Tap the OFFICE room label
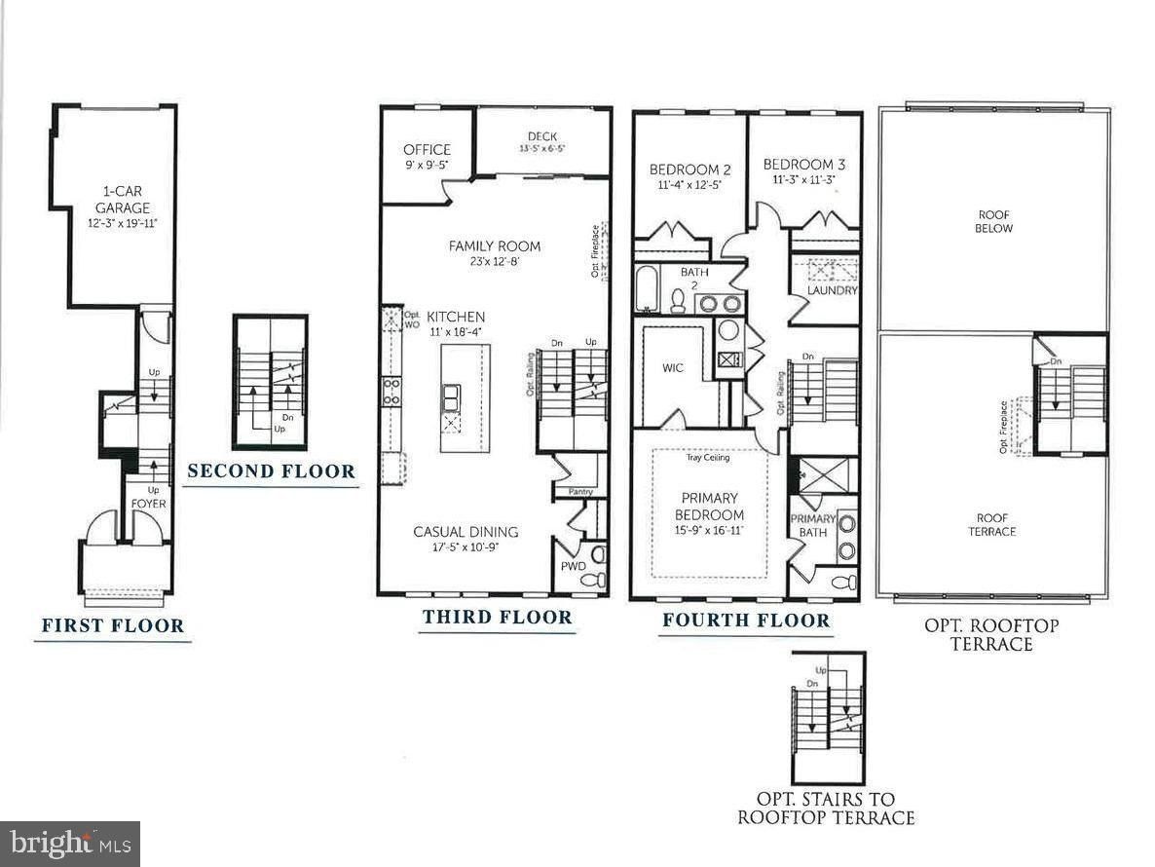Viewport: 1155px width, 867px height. point(427,150)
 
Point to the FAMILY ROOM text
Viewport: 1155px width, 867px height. point(495,246)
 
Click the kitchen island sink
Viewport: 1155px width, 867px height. point(453,397)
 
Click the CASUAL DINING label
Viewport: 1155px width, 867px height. point(466,532)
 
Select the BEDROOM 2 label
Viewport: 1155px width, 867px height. point(690,170)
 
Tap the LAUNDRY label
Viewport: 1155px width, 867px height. point(833,290)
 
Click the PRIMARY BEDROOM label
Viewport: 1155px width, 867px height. point(710,507)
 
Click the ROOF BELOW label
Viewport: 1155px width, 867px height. point(993,221)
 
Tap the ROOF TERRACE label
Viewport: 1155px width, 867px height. point(993,524)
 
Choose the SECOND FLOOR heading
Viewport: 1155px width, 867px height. point(271,471)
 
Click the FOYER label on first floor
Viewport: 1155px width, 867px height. point(149,505)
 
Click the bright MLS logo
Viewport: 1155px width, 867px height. point(69,843)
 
